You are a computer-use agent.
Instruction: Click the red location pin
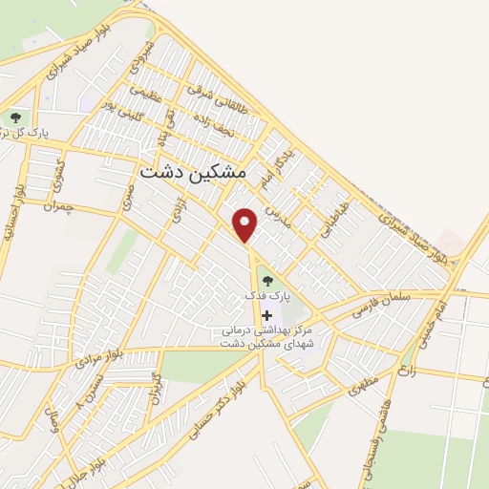tap(246, 224)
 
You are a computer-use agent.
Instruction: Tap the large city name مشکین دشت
tap(193, 171)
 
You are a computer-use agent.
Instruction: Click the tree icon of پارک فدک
tap(266, 281)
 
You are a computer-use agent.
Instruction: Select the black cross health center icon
tap(266, 315)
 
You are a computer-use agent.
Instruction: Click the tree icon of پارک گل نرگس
tap(16, 117)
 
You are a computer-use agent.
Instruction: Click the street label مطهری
tap(363, 383)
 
